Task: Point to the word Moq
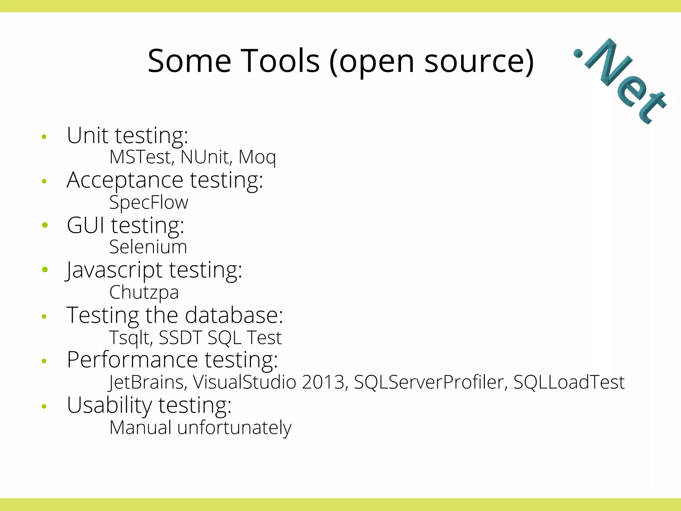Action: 257,157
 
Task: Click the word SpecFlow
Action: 149,202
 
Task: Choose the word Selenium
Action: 148,247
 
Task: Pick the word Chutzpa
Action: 144,292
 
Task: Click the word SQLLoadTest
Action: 569,382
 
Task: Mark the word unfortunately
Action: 234,427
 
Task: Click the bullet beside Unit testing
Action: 44,136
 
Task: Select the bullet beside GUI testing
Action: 45,225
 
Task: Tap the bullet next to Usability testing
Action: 44,406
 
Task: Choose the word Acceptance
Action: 125,180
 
